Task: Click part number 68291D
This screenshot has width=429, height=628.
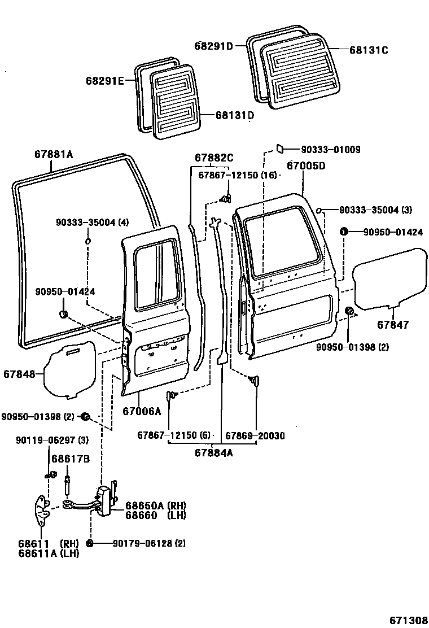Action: pos(214,46)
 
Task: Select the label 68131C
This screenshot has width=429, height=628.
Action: pos(369,50)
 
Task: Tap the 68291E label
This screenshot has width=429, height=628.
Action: pos(105,81)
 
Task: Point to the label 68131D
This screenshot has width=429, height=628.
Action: pos(234,115)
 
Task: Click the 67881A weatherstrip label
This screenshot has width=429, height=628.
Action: pos(54,154)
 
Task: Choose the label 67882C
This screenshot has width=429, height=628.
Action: pos(214,158)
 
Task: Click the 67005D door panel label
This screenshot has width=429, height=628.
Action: pos(305,166)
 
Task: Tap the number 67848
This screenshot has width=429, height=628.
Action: pos(19,374)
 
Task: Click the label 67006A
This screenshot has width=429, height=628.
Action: pos(142,412)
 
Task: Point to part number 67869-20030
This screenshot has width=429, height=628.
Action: pos(255,435)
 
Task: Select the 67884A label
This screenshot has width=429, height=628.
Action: pos(214,452)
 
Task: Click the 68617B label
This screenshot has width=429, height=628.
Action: pos(71,459)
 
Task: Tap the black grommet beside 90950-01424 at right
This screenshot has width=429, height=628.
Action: pos(343,232)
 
